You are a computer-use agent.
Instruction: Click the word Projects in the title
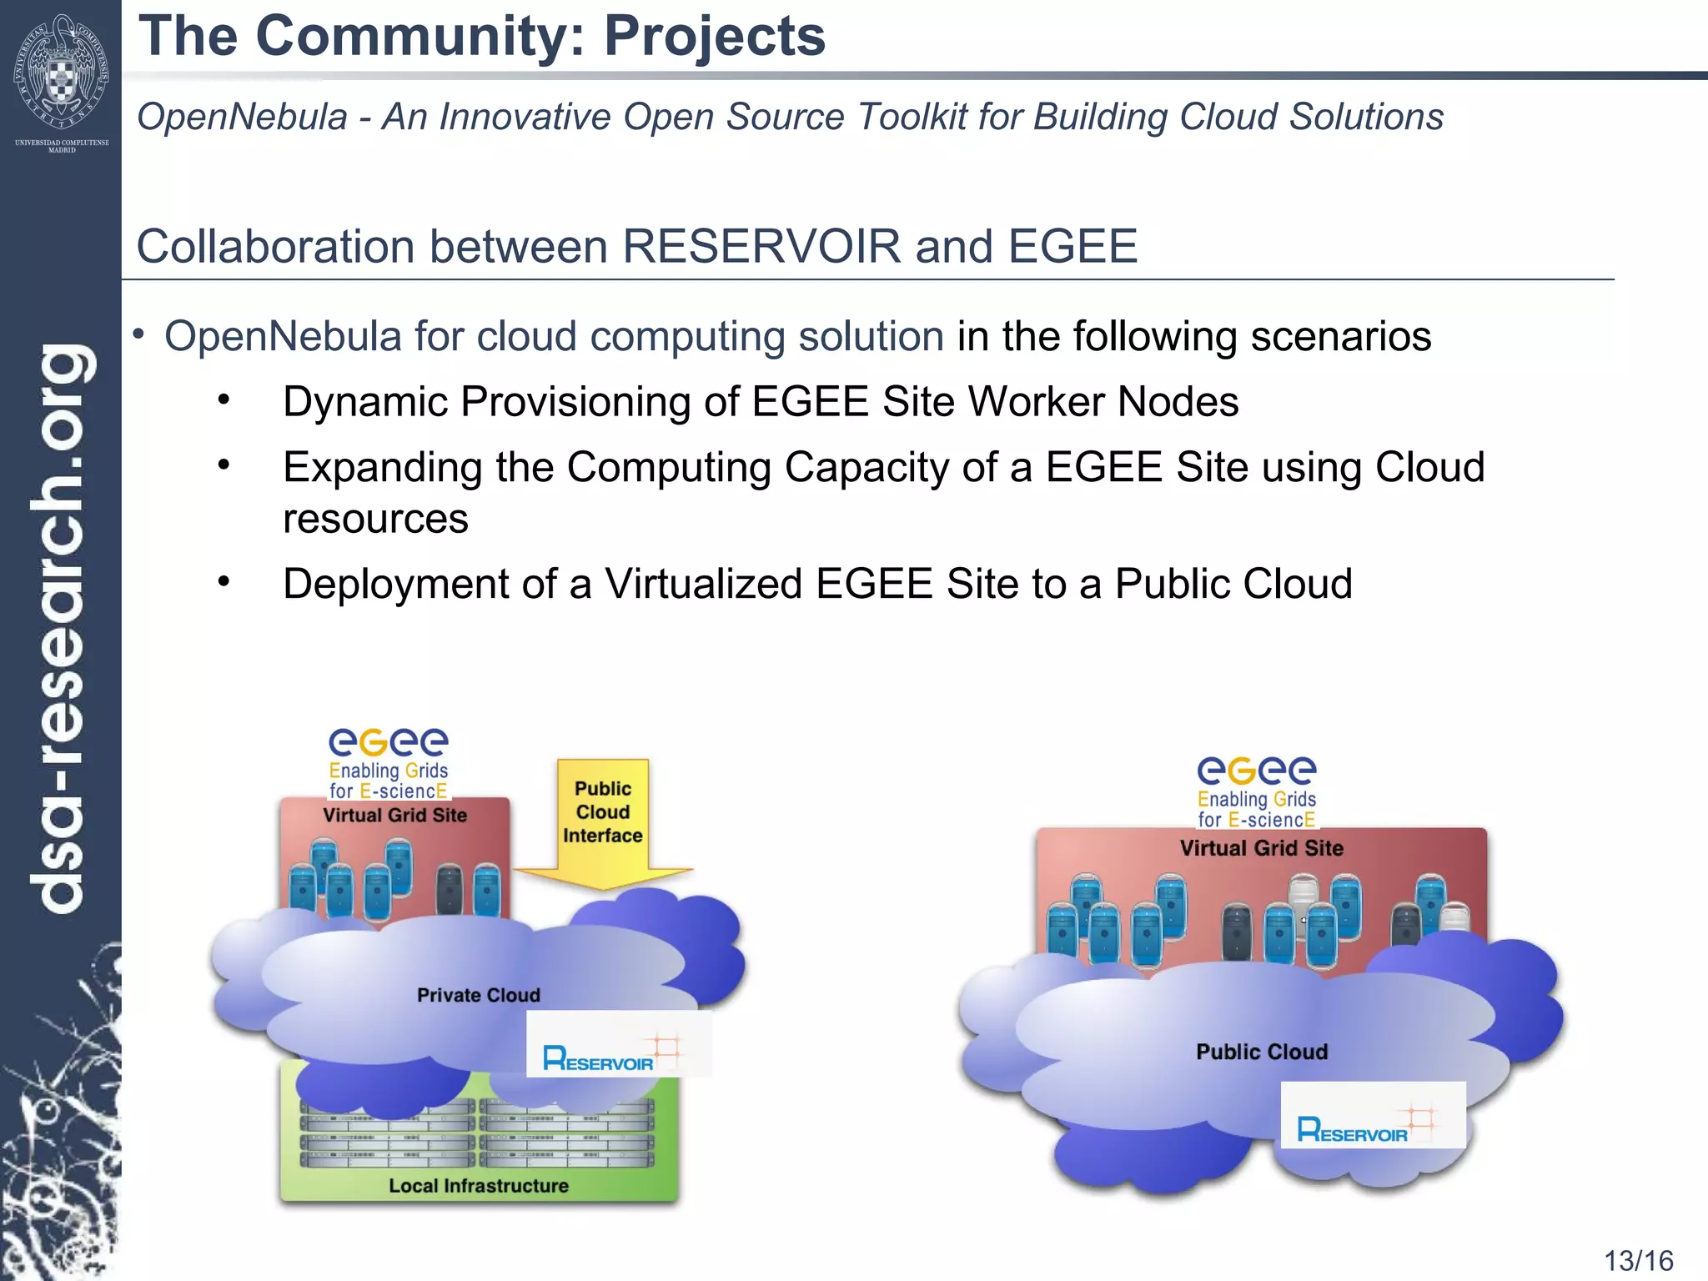coord(714,37)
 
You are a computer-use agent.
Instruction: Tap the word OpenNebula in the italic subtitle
coord(242,117)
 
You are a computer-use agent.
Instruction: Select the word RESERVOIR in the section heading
coord(761,247)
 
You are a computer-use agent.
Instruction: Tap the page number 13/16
coord(1638,1260)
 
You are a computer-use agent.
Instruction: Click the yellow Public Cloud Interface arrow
coord(603,821)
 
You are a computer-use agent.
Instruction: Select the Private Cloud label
coord(478,995)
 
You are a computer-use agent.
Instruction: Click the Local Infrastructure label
coord(478,1185)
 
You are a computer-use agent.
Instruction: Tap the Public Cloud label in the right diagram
coord(1261,1052)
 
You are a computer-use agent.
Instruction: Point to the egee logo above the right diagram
coord(1257,791)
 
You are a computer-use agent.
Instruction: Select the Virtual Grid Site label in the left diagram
coord(394,815)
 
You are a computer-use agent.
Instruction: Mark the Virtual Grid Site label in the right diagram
coord(1261,848)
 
